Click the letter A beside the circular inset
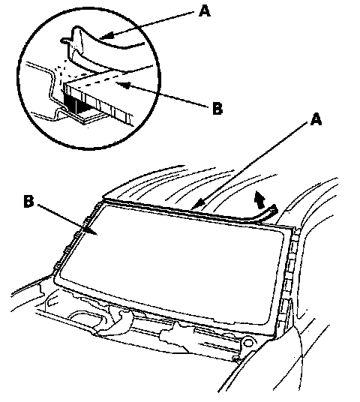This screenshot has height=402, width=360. point(204,11)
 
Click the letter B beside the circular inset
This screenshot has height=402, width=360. point(217,109)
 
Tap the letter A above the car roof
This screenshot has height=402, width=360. point(316,120)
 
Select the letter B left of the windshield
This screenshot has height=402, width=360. point(28,201)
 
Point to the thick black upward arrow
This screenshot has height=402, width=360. point(259,200)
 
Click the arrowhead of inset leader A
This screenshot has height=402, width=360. point(106,36)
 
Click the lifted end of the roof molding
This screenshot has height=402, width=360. point(273,210)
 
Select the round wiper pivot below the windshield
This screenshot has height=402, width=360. point(247,343)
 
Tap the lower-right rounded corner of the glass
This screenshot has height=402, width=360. point(267,322)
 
